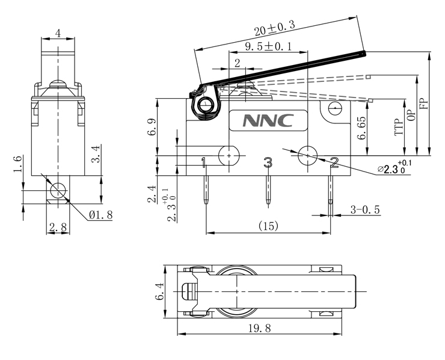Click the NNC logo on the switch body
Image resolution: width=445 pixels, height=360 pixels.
[268, 120]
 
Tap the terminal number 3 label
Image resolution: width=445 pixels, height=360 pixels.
[268, 162]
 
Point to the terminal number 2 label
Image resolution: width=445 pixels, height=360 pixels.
[334, 161]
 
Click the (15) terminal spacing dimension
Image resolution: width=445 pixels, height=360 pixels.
[268, 226]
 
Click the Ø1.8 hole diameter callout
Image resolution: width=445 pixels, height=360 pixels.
[100, 214]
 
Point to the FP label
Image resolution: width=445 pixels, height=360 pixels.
[423, 102]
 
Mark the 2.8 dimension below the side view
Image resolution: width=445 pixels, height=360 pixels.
[58, 227]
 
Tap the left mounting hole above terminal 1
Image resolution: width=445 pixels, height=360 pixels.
[230, 155]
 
